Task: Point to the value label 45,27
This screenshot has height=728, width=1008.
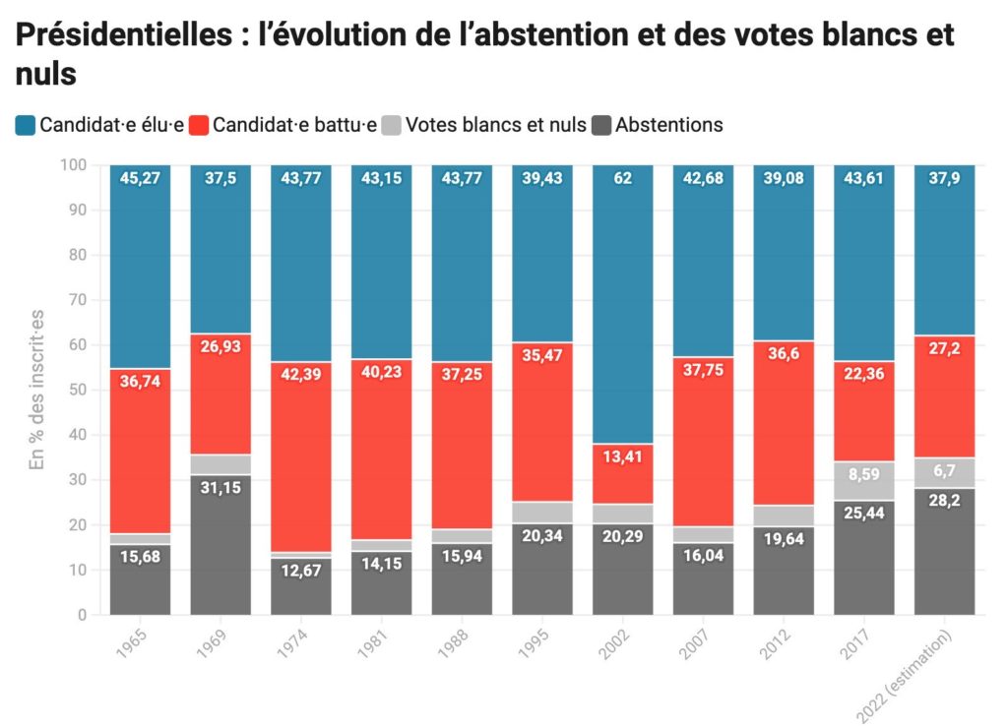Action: click(x=140, y=178)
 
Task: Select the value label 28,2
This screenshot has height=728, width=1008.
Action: click(x=945, y=502)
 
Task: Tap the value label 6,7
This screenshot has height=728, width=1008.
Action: click(x=945, y=470)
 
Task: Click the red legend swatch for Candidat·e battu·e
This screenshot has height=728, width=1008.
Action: click(x=200, y=125)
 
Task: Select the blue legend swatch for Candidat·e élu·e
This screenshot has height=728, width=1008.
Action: click(x=27, y=125)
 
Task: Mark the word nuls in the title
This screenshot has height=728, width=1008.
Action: click(x=46, y=73)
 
